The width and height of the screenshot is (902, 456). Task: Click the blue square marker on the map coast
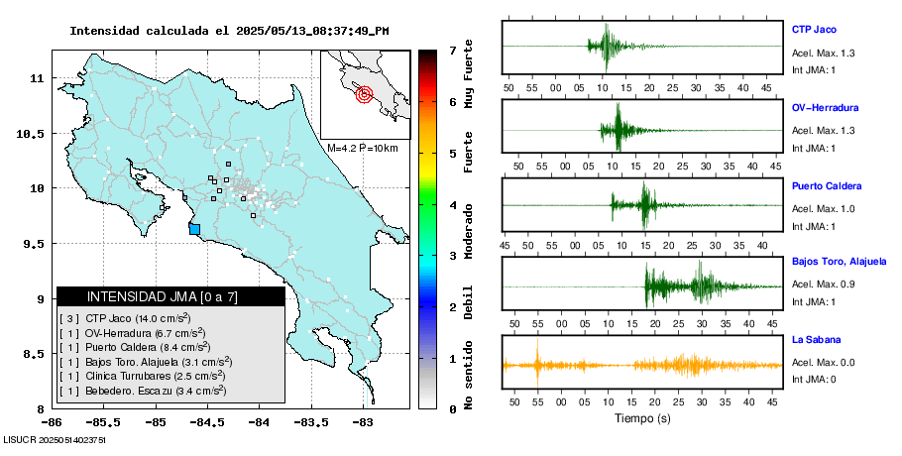[x=194, y=229]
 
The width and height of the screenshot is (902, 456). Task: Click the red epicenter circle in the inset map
[x=364, y=95]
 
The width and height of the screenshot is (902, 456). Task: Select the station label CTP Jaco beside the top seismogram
[x=816, y=28]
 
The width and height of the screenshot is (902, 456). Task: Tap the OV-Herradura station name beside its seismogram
[x=825, y=107]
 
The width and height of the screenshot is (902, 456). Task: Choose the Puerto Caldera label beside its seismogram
[x=827, y=186]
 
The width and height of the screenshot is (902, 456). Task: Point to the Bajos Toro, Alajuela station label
[x=840, y=262]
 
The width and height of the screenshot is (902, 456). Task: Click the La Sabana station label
[x=817, y=340]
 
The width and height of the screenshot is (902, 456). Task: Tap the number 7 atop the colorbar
[x=451, y=50]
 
